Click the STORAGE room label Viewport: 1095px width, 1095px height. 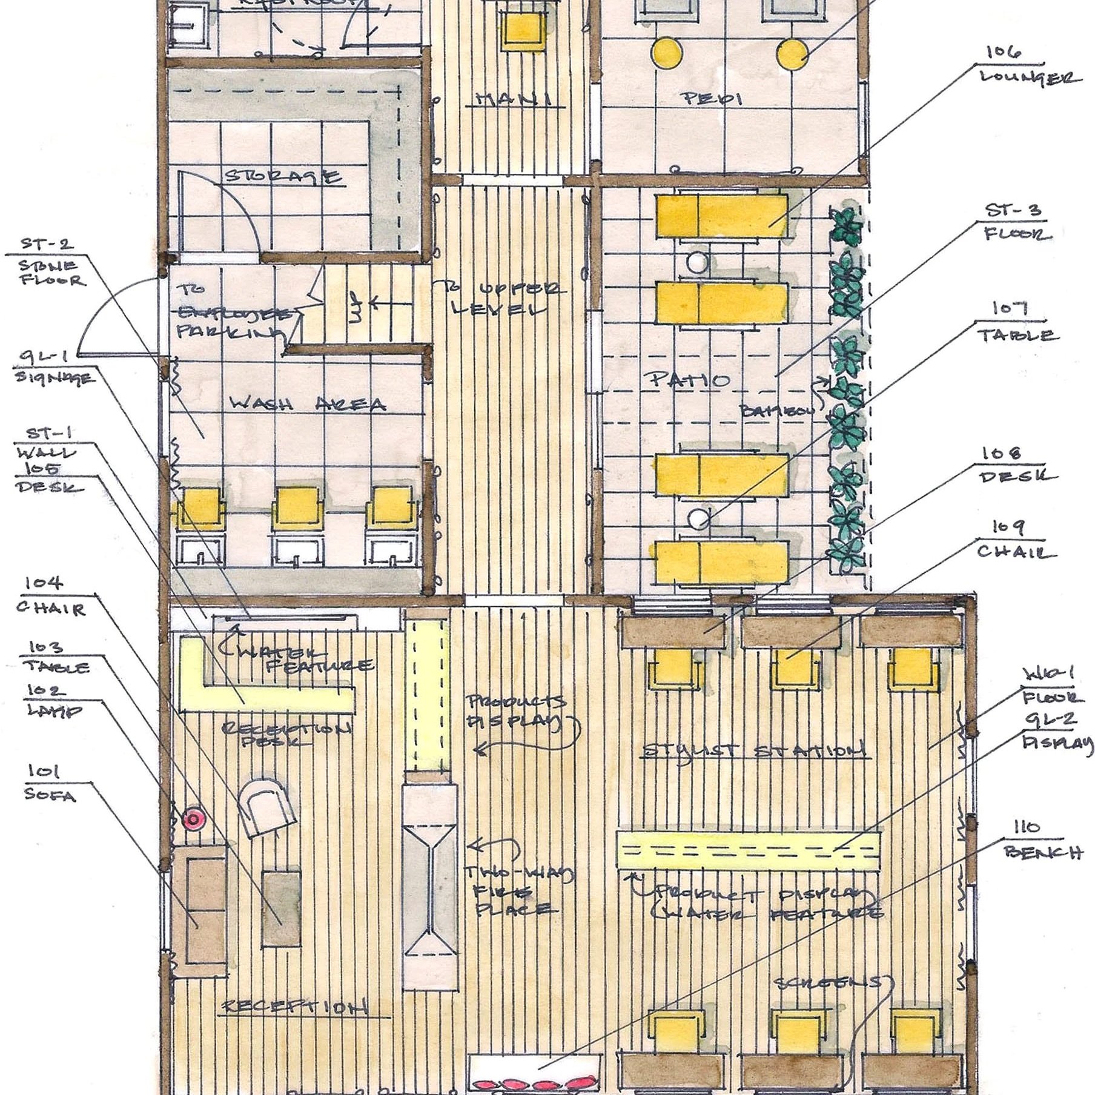(283, 177)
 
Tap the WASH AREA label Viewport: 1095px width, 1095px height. (308, 404)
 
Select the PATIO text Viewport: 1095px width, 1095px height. (690, 380)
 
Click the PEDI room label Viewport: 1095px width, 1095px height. (713, 98)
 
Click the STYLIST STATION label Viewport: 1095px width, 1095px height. (753, 752)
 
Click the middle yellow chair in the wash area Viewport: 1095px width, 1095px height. (297, 505)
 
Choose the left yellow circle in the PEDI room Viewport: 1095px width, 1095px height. (666, 53)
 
